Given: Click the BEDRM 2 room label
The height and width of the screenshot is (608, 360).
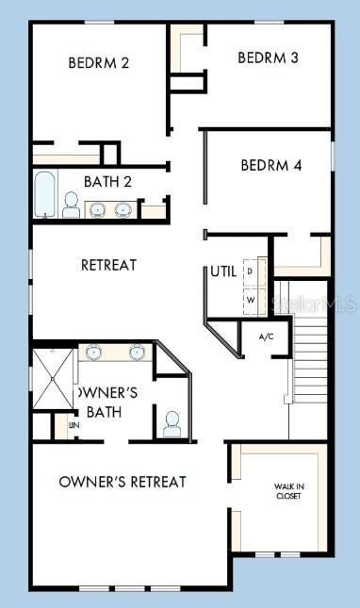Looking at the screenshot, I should pyautogui.click(x=99, y=63).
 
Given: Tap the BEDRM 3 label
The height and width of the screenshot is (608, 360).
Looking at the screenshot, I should pyautogui.click(x=268, y=58).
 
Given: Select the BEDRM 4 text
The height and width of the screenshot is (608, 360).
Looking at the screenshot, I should pyautogui.click(x=270, y=165).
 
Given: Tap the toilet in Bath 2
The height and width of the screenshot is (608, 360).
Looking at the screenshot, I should pyautogui.click(x=72, y=205).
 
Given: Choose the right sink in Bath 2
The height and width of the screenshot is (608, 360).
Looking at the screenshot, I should pyautogui.click(x=123, y=208).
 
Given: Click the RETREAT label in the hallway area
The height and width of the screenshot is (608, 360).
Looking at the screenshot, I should pyautogui.click(x=108, y=265).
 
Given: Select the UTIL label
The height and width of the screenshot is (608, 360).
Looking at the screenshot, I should pyautogui.click(x=223, y=271).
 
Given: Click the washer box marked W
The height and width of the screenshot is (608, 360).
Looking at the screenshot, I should pyautogui.click(x=251, y=301).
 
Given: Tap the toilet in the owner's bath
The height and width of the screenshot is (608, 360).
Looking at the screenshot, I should pyautogui.click(x=172, y=424).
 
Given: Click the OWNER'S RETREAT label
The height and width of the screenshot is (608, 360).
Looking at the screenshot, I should pyautogui.click(x=123, y=482).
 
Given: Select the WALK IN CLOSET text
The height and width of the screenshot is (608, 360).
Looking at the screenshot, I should pyautogui.click(x=288, y=490).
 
